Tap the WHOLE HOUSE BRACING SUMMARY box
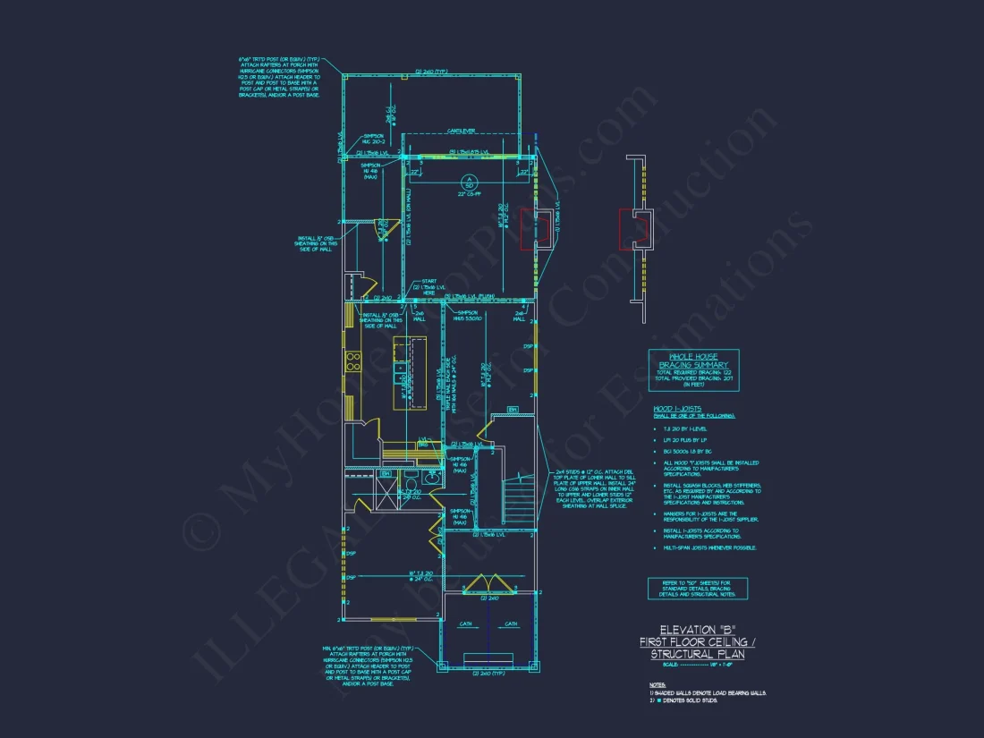[694, 367]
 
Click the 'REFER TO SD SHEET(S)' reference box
[698, 588]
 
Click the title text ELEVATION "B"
[697, 629]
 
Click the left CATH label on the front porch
[466, 624]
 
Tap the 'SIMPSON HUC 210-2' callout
[374, 140]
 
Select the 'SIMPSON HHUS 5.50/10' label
[470, 314]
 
